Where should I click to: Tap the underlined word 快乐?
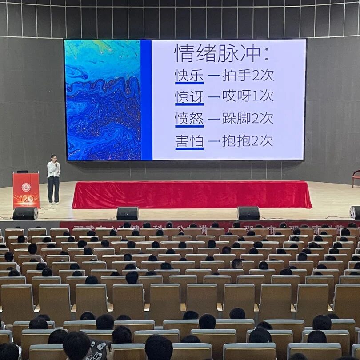[189, 75]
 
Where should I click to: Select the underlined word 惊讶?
[189, 96]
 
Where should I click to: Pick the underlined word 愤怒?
[189, 119]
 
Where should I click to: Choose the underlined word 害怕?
[189, 141]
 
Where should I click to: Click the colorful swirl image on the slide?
[103, 100]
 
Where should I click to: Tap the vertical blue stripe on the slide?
[146, 100]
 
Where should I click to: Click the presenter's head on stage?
[54, 158]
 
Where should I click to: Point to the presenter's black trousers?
[53, 189]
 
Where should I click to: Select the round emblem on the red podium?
[26, 187]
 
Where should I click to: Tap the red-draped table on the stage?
[191, 195]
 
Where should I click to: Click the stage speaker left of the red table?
[127, 213]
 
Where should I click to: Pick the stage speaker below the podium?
[25, 213]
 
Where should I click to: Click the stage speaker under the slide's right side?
[248, 212]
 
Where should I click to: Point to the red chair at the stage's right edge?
[356, 178]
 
